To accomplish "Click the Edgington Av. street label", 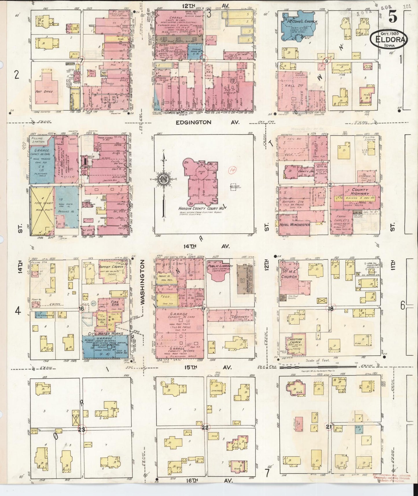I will pyautogui.click(x=208, y=123).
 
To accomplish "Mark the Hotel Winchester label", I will pyautogui.click(x=294, y=225).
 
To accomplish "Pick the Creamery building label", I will pyautogui.click(x=240, y=317).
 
